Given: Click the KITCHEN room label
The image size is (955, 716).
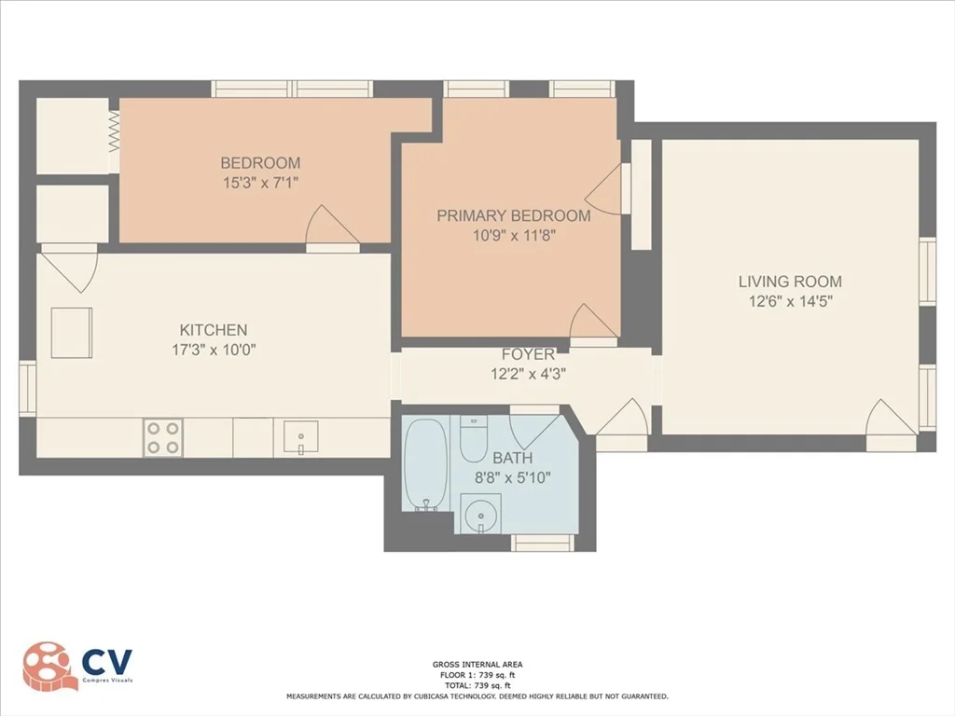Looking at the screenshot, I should coord(214,330).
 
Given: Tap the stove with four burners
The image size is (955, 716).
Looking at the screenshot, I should coord(162,438).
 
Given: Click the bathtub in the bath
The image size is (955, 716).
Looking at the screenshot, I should coord(428,464).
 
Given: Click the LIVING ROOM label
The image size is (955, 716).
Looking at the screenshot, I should coord(790,281).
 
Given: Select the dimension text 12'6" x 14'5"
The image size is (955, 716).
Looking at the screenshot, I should coord(790,301).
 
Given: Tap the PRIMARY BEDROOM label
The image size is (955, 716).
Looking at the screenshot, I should coord(513,215).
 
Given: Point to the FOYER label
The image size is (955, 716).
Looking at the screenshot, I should coord(528,354).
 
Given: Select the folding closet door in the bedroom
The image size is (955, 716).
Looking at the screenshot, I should coord(114,131).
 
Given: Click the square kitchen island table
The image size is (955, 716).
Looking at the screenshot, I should coord(72,333).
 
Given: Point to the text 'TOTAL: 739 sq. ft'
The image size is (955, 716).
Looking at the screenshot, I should coord(477,683).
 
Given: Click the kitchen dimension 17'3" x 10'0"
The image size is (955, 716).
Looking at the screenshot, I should coord(214,351).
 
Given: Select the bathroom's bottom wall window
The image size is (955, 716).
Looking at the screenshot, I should coord(542,544).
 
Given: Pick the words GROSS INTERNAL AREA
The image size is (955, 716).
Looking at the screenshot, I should coord(477,665).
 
